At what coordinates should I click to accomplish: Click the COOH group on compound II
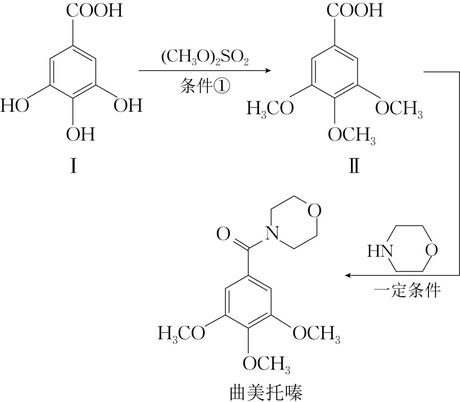coord(355,10)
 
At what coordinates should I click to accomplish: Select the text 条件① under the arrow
coord(205,86)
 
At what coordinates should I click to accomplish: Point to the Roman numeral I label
coord(73,166)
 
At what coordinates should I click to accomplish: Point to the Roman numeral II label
coord(353,166)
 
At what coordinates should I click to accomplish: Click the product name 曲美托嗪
coord(266,392)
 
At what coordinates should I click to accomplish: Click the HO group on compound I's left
coord(15,106)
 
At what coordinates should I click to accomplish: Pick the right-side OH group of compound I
coord(128,106)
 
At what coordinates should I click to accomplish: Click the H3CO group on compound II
coord(270,109)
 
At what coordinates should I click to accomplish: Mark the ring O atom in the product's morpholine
coord(315,211)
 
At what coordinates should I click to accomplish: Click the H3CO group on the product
coord(181,333)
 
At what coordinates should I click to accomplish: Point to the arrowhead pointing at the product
coord(348,276)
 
